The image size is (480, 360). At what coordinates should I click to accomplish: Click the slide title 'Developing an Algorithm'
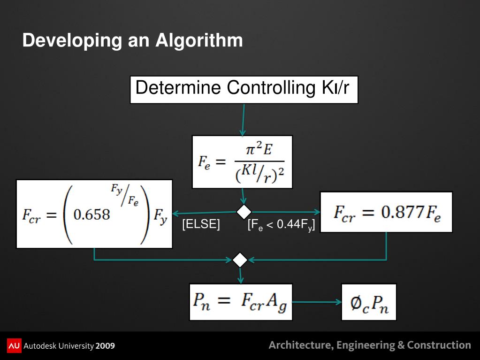tap(132, 40)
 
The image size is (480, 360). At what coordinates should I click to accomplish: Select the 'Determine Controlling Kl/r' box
tap(244, 89)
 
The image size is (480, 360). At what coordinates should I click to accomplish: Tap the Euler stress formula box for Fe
tap(242, 161)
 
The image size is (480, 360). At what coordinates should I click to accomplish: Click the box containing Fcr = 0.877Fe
tap(386, 212)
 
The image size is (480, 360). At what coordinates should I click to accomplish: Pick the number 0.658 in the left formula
tap(92, 214)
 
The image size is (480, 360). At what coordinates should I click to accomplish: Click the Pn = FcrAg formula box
tap(241, 302)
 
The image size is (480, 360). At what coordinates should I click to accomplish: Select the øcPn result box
tap(369, 302)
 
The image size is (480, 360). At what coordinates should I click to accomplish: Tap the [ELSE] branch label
tap(201, 225)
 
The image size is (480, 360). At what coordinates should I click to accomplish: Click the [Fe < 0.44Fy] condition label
tap(281, 225)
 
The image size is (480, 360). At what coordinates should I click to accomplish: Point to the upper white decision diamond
tap(244, 212)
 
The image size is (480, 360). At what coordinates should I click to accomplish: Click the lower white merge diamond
tap(240, 260)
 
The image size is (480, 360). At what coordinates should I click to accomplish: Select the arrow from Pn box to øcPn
tap(317, 302)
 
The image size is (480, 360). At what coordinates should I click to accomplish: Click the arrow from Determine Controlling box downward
tap(244, 119)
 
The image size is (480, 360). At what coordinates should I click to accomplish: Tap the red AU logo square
tap(14, 345)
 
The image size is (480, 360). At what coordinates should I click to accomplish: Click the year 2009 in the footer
tap(105, 346)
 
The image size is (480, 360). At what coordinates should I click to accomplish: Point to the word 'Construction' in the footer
tap(439, 345)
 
